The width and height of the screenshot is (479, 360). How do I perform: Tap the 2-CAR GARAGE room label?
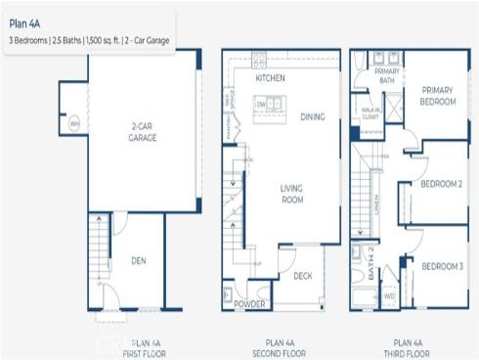142,132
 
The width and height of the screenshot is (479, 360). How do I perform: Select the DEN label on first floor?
139,260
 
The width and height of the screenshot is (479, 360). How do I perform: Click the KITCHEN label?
270,77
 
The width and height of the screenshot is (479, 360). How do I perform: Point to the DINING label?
313,116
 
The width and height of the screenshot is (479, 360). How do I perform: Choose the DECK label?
303,276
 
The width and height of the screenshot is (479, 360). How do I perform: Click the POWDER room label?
250,304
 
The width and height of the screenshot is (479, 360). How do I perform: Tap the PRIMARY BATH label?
388,76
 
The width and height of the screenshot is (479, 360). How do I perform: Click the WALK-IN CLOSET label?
370,114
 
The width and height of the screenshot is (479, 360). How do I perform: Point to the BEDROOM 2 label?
441,183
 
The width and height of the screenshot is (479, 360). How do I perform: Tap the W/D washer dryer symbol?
389,294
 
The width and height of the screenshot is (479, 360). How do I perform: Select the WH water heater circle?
73,123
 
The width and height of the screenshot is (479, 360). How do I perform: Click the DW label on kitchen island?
261,103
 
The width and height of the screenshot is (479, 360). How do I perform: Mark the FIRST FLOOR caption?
146,348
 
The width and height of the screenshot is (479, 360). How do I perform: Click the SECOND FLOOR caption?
281,348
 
